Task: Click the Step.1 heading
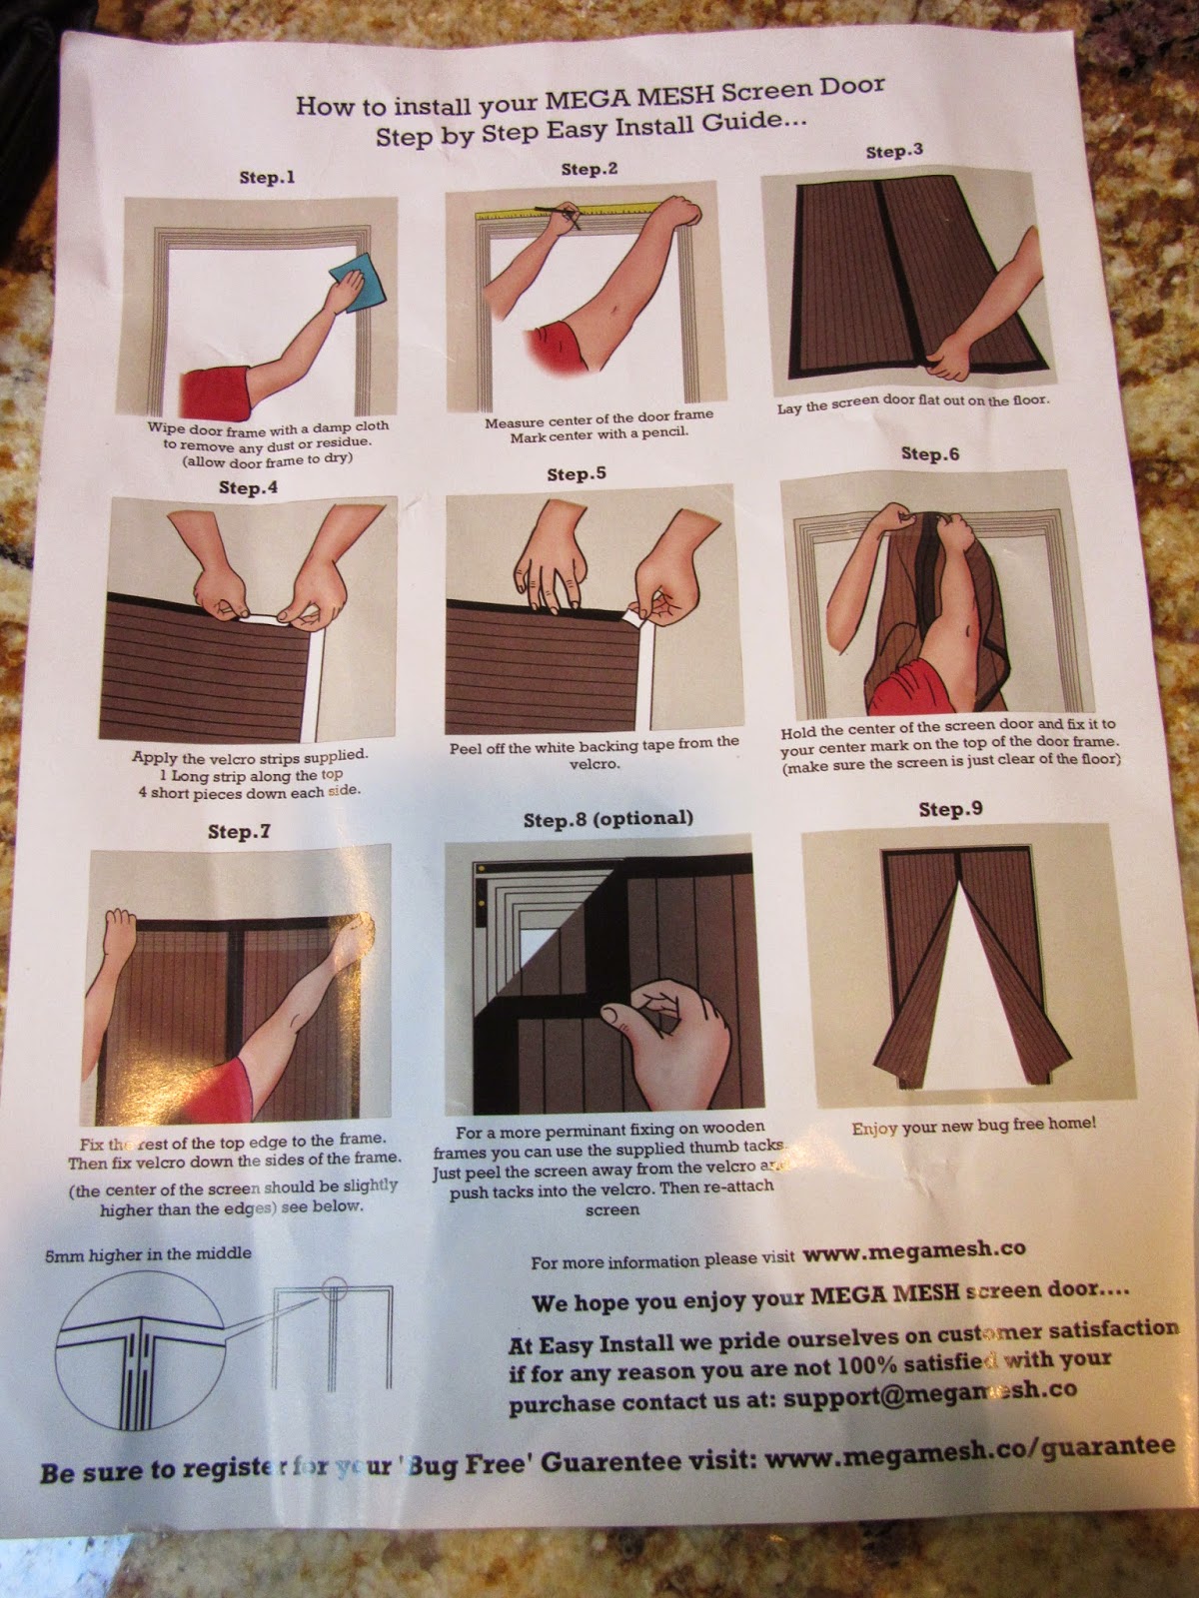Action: (267, 177)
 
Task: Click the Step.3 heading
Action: (894, 152)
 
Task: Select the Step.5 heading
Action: (577, 474)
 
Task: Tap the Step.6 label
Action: (930, 453)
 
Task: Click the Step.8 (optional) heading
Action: (607, 819)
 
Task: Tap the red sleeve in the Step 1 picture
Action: (215, 394)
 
